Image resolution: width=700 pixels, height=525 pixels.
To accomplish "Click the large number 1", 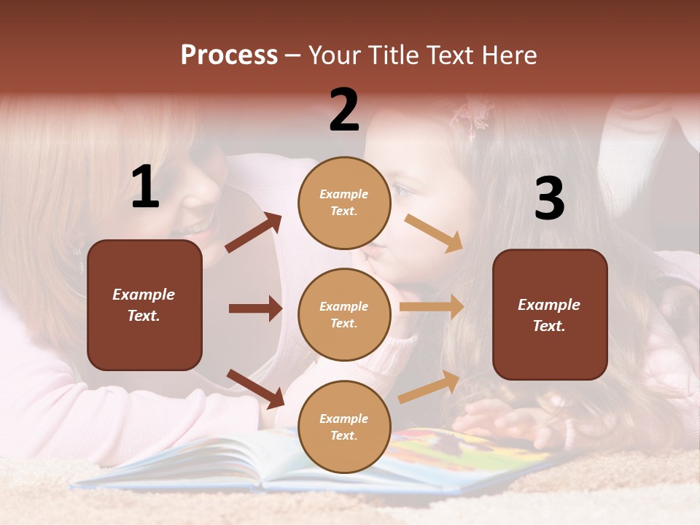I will (x=145, y=187).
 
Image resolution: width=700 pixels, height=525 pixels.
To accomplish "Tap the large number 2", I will (x=344, y=109).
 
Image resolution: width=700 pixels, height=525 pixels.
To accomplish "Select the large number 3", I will (x=549, y=198).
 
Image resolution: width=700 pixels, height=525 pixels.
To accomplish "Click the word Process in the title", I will (x=229, y=55).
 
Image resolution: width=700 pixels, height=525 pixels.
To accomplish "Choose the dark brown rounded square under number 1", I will (x=144, y=305).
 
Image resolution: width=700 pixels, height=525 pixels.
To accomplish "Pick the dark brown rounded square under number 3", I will (x=550, y=314).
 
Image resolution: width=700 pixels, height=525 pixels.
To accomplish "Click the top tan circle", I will (x=344, y=203).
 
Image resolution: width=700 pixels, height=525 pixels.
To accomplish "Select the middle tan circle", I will (x=344, y=314).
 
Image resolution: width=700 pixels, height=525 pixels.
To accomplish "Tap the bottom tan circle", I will (x=344, y=427).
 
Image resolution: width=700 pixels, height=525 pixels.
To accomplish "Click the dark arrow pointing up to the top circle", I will (x=254, y=233).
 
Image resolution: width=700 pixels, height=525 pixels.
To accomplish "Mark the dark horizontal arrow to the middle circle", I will (x=255, y=308).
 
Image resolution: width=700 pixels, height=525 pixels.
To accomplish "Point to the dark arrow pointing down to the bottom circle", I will (x=255, y=388).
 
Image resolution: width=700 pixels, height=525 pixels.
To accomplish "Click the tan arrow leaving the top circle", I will (x=434, y=233).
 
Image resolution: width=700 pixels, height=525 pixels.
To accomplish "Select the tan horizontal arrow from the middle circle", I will (x=432, y=307).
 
